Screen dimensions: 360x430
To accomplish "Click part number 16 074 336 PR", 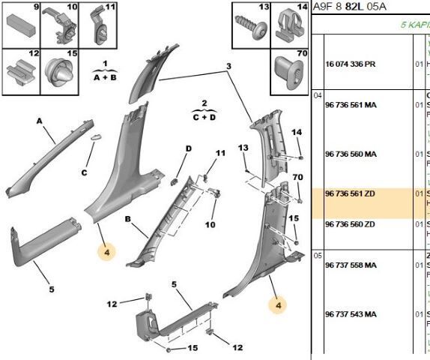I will (x=350, y=64).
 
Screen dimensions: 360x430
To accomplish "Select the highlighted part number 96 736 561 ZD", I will (x=350, y=193).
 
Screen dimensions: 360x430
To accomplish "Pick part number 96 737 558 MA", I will (x=350, y=266).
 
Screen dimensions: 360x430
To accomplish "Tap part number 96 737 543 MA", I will (x=350, y=313).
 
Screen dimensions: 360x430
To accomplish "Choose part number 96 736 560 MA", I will (x=350, y=154).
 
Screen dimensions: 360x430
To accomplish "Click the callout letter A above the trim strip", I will (x=39, y=120).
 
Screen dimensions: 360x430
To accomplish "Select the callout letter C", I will (x=84, y=172).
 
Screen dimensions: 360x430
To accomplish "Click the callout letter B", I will (x=128, y=220).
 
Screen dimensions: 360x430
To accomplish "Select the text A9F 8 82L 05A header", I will (x=346, y=7).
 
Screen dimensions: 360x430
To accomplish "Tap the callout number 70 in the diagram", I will (x=298, y=178).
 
